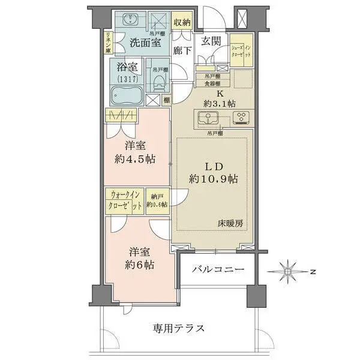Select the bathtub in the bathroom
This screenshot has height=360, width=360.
point(125,95)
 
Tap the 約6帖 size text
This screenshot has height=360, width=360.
point(139,263)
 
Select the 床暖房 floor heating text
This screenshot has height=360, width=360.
point(230,223)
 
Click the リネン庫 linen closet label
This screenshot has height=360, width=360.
point(107,43)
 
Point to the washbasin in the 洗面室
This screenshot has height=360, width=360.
point(131,20)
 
